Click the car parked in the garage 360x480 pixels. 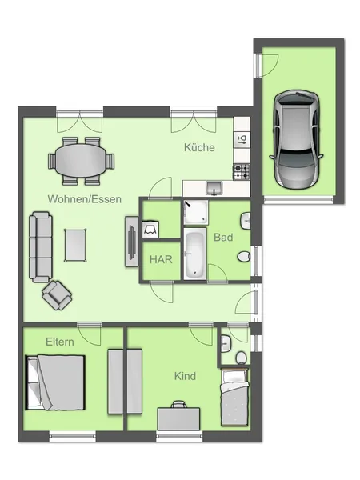click(x=297, y=138)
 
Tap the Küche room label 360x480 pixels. click(x=198, y=148)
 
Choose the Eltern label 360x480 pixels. click(x=59, y=342)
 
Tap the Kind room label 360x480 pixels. click(x=186, y=376)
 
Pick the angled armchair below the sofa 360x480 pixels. click(x=58, y=295)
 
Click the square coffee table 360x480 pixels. click(x=77, y=244)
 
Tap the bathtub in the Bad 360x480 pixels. click(x=194, y=254)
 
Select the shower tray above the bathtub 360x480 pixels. click(x=194, y=212)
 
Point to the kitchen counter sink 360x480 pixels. click(x=214, y=189)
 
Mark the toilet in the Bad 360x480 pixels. click(x=244, y=256)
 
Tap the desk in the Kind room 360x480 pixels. click(x=178, y=417)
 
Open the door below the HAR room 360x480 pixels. click(x=163, y=293)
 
